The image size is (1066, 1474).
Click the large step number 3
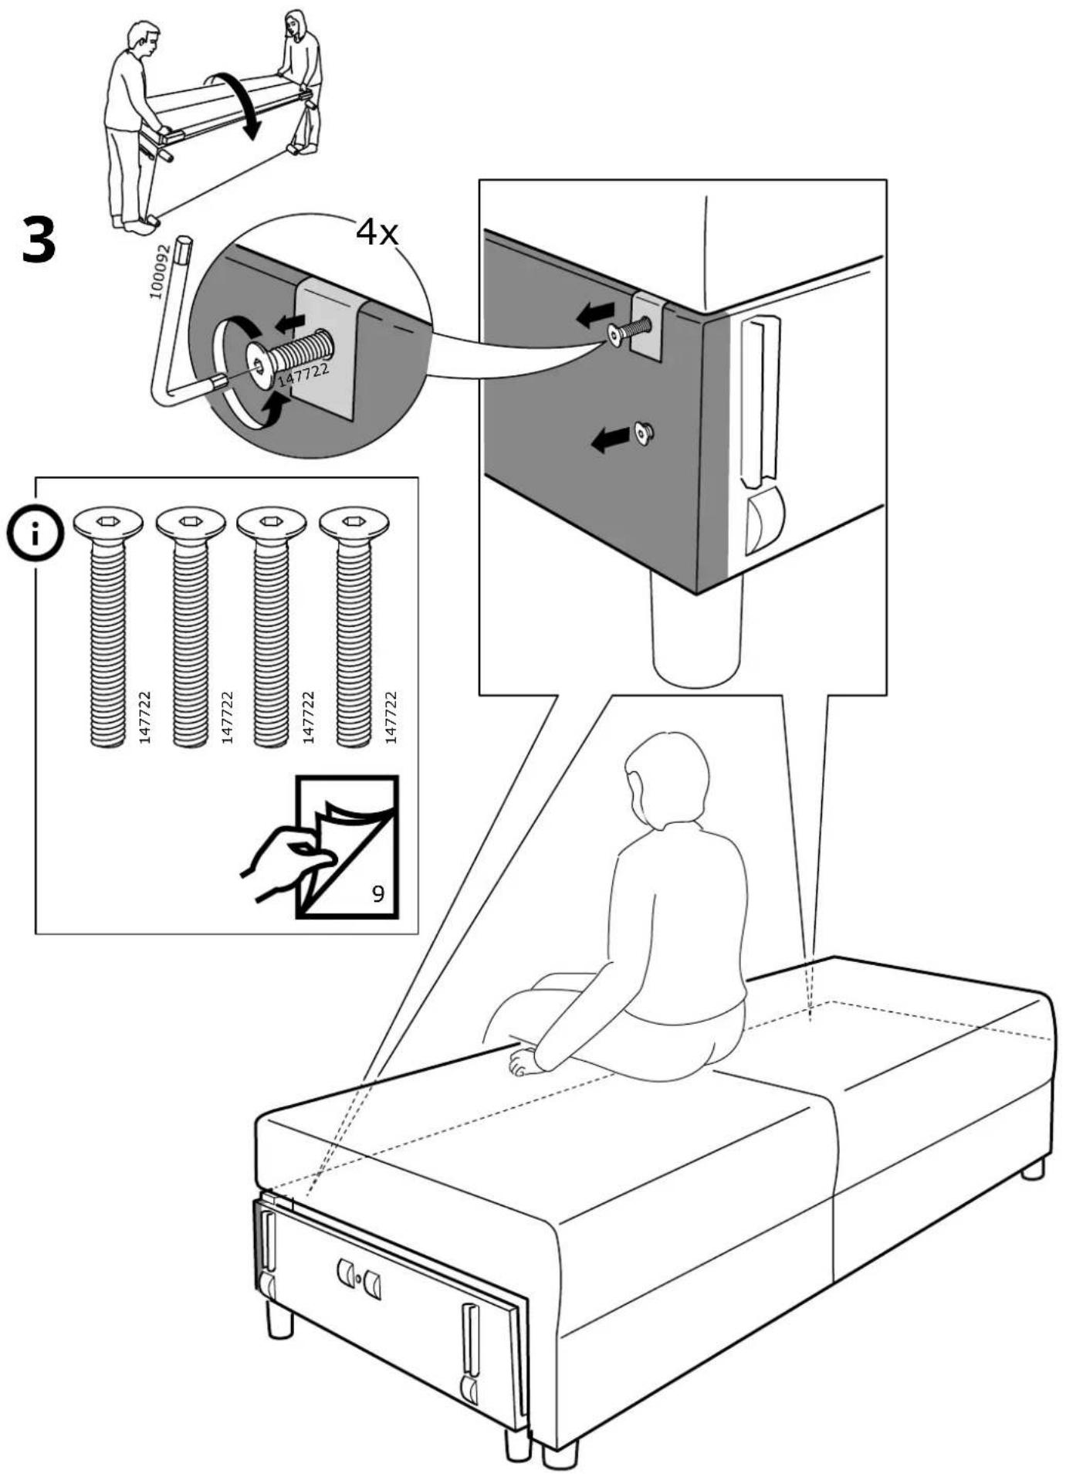[x=39, y=241]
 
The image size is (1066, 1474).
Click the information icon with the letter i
[x=35, y=534]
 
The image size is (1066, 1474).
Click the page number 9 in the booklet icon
[x=378, y=893]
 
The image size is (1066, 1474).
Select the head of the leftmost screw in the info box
[x=108, y=524]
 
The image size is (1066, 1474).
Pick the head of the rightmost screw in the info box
[x=354, y=524]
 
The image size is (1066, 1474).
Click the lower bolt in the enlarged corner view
[x=642, y=434]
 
